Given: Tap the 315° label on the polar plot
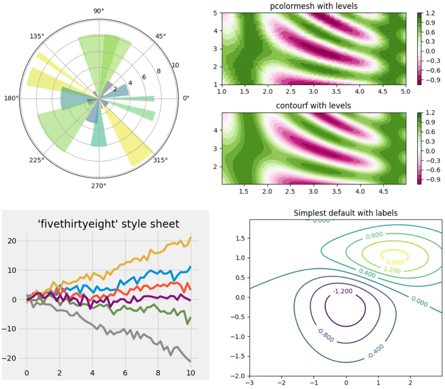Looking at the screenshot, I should pyautogui.click(x=160, y=160).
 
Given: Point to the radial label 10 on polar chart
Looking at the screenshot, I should pyautogui.click(x=175, y=65).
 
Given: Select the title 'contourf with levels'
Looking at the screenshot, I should pyautogui.click(x=313, y=106).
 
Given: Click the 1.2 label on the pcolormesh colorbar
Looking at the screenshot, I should pyautogui.click(x=430, y=14).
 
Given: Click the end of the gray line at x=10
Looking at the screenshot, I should pyautogui.click(x=191, y=361).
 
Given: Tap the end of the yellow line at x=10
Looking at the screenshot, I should pyautogui.click(x=191, y=238).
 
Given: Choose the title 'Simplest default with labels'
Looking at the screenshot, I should pyautogui.click(x=345, y=213).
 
